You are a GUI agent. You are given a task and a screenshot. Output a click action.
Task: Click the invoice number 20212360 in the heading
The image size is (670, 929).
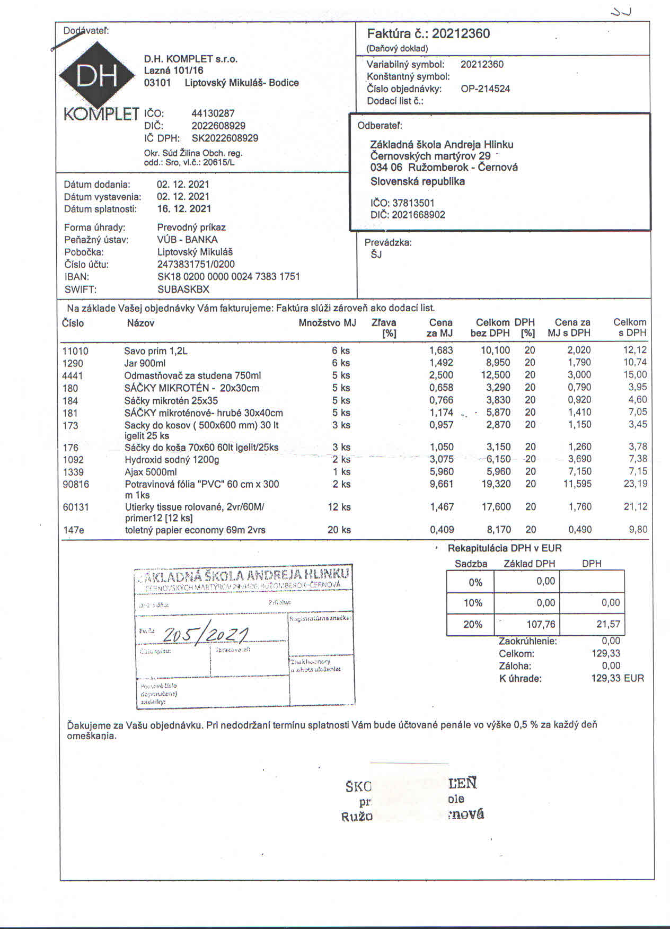pyautogui.click(x=461, y=34)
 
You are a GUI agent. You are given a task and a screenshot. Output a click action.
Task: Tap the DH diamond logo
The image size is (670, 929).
pyautogui.click(x=97, y=76)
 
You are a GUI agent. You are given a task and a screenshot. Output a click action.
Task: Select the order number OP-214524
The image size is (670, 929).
pyautogui.click(x=485, y=89)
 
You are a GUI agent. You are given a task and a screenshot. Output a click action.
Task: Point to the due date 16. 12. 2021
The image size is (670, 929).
pyautogui.click(x=184, y=209)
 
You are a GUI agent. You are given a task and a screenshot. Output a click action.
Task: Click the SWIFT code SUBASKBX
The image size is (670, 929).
pyautogui.click(x=183, y=290)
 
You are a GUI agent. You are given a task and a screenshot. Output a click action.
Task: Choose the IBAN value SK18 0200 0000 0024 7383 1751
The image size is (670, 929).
pyautogui.click(x=228, y=277)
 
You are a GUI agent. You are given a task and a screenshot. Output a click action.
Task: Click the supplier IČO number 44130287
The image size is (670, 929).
pyautogui.click(x=213, y=113)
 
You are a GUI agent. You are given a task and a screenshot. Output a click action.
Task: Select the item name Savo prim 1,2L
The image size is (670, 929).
pyautogui.click(x=156, y=351)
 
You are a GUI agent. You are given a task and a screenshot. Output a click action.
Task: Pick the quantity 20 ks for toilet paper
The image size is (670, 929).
pyautogui.click(x=339, y=530)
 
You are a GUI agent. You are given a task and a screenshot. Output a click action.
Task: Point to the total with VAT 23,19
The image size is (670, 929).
pyautogui.click(x=635, y=484)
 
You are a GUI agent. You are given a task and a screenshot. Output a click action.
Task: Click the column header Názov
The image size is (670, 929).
pyautogui.click(x=140, y=323)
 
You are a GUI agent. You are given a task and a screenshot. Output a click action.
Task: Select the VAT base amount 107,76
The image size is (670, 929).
pyautogui.click(x=541, y=625)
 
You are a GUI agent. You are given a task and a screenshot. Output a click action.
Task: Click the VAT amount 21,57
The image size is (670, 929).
pyautogui.click(x=608, y=625)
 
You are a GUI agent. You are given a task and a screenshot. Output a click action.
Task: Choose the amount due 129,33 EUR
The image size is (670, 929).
pyautogui.click(x=618, y=678)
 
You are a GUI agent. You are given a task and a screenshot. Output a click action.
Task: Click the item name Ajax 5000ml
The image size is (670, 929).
pyautogui.click(x=151, y=472)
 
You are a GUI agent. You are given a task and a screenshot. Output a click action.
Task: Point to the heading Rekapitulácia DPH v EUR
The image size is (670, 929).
pyautogui.click(x=505, y=548)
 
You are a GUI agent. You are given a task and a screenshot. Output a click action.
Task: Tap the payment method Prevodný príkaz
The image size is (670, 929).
pyautogui.click(x=191, y=227)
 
